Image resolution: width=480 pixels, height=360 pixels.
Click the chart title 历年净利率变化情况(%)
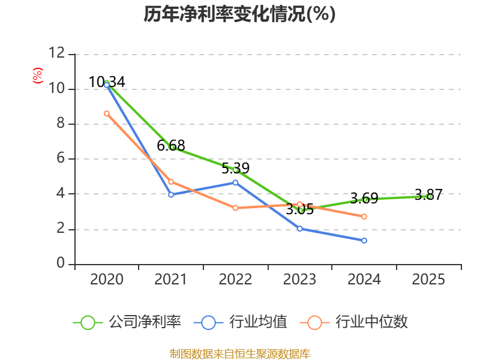coord(239,14)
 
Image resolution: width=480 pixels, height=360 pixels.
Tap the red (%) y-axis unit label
coord(38,76)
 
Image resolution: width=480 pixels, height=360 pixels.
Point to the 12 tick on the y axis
coord(56,53)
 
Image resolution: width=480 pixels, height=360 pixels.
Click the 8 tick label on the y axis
coord(61,123)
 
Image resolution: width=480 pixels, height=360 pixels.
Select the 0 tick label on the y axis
coord(61,263)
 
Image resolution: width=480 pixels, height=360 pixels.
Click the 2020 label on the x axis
coord(107,279)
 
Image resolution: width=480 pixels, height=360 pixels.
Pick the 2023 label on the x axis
coord(299,279)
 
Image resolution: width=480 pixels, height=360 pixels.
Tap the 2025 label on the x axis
coord(428,279)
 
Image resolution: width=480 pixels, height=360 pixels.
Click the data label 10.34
coord(107,82)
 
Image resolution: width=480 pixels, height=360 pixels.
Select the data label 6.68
coord(171,145)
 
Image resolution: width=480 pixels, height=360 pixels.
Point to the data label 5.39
coord(235,168)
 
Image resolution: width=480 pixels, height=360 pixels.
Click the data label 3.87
coord(428,194)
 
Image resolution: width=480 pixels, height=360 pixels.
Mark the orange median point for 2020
coord(107,113)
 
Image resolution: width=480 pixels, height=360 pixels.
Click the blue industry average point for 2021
coord(171,194)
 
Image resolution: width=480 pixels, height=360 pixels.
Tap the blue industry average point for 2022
coord(235,183)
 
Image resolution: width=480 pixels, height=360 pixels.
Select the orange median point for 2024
coord(364,217)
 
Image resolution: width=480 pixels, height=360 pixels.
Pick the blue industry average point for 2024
coord(364,241)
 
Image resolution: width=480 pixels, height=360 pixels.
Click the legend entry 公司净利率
coord(127,322)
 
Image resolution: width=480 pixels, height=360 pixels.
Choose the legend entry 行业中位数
coord(354,322)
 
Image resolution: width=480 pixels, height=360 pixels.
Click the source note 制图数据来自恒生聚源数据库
coord(240,354)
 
